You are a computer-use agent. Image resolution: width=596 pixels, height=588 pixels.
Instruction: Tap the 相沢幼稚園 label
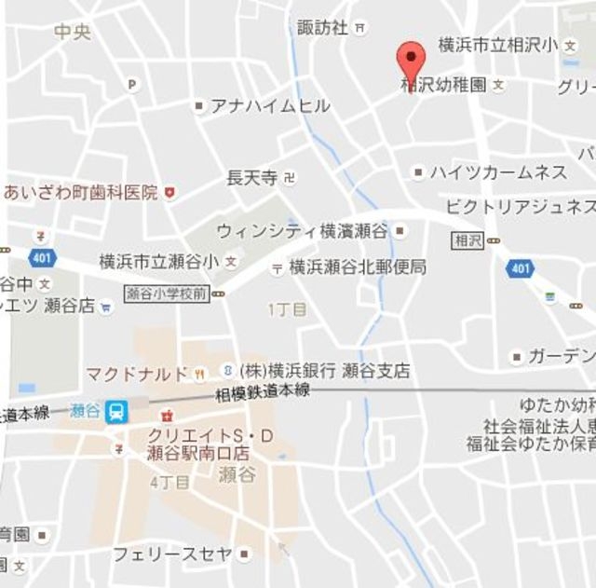444,85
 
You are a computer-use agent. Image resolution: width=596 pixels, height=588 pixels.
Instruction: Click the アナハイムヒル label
270,106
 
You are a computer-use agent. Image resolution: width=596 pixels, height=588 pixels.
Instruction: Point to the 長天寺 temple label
252,176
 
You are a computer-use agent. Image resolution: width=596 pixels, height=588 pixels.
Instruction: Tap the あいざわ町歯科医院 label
79,193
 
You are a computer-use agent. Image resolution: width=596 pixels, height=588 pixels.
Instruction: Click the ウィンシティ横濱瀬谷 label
303,230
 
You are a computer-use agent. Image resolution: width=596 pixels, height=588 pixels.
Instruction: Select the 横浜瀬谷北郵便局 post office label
358,267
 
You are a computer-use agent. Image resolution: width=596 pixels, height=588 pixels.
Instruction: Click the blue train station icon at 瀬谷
116,411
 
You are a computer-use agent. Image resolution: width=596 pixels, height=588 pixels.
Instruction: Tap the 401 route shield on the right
519,269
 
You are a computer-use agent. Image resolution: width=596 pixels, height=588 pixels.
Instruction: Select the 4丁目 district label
169,482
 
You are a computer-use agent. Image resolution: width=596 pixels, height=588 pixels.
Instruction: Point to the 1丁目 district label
287,308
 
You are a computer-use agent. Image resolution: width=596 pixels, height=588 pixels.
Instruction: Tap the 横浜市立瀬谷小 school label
159,261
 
